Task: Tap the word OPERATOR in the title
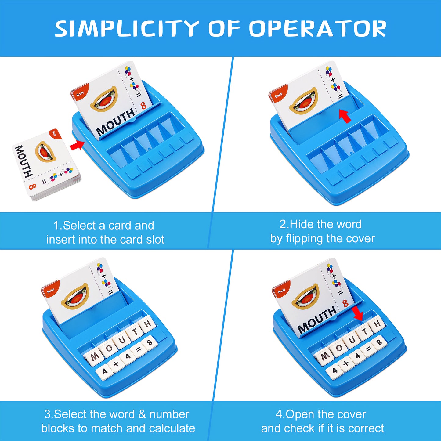pos(317,29)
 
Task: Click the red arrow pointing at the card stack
pos(77,145)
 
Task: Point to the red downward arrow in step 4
pos(357,313)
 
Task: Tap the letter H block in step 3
pos(147,324)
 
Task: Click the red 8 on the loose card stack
pos(32,186)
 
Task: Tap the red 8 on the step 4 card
pos(345,303)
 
